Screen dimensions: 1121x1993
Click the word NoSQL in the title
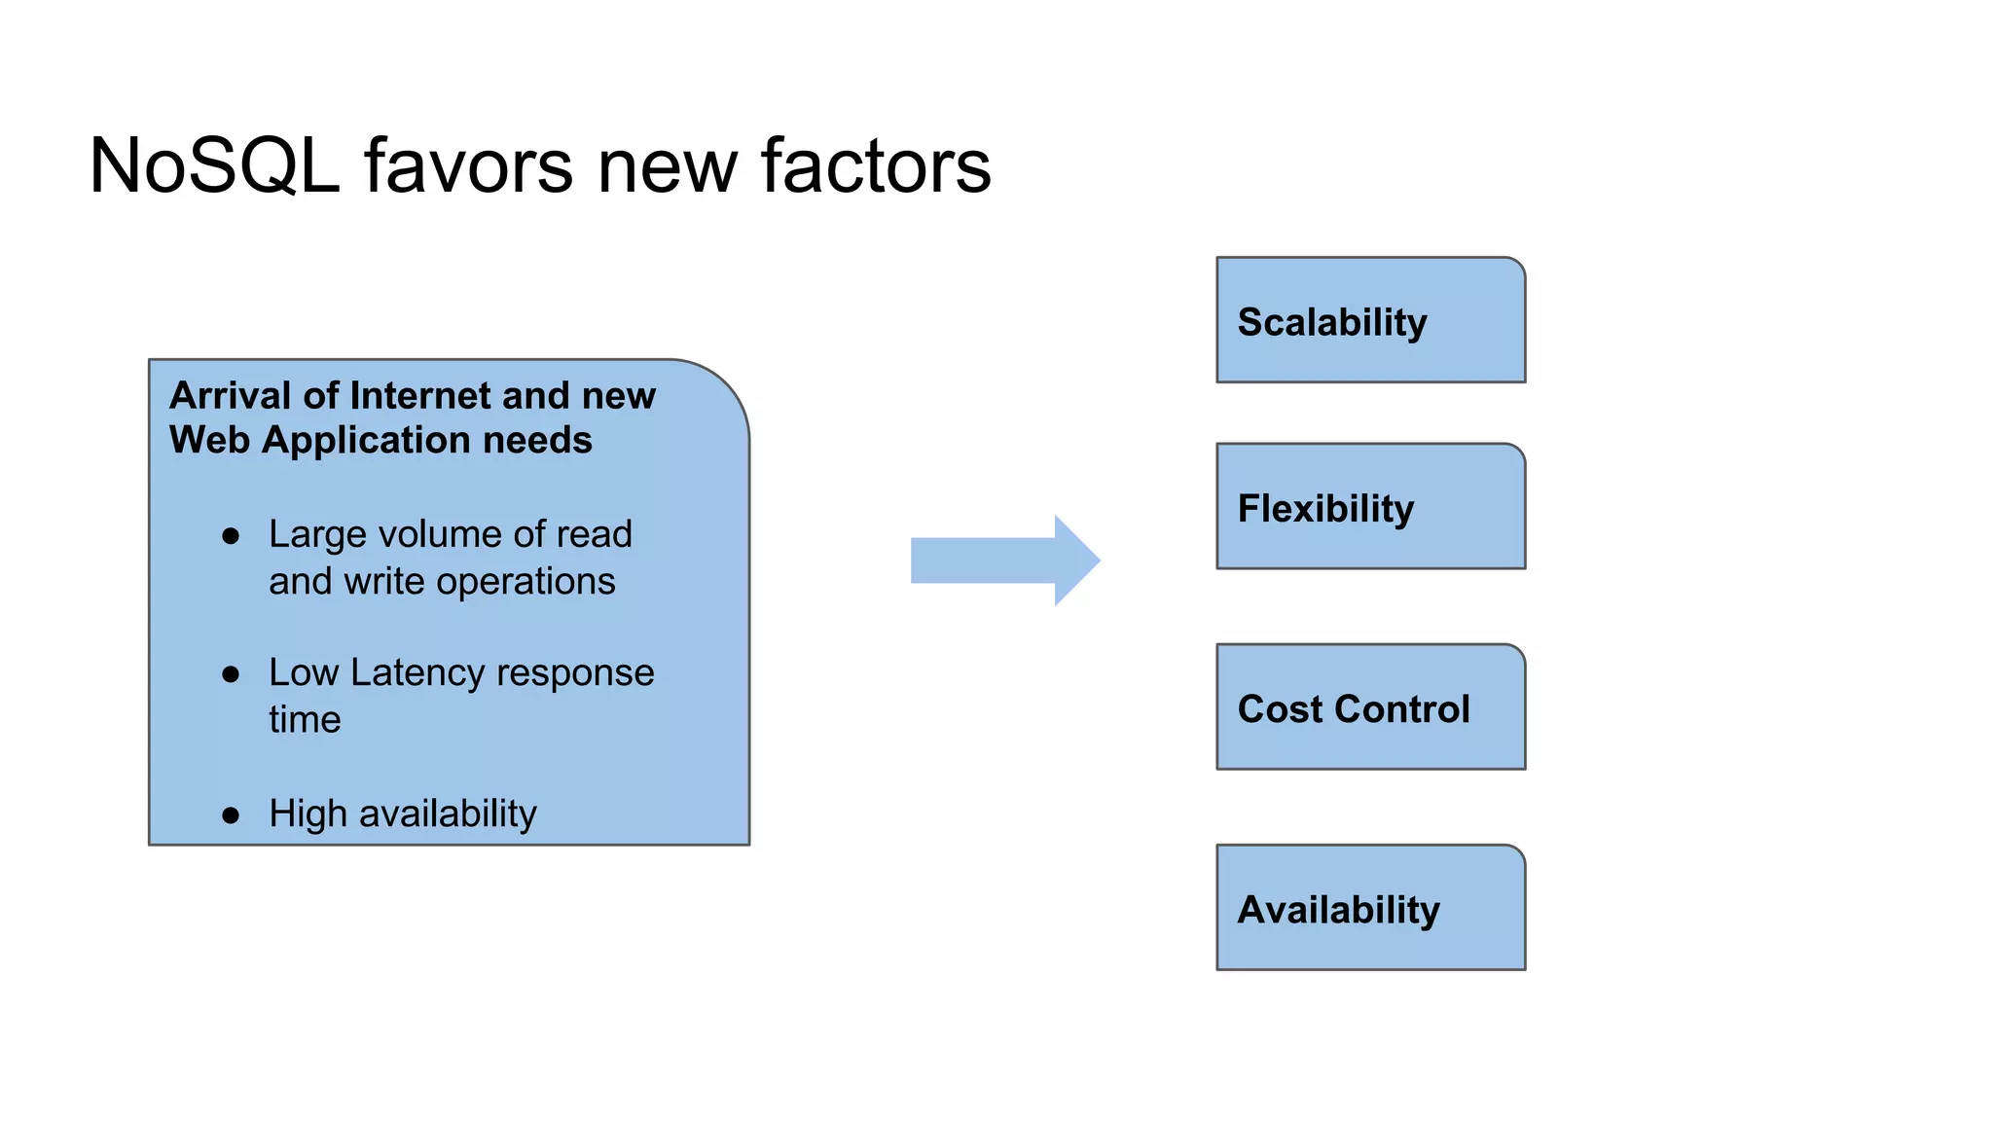click(x=214, y=166)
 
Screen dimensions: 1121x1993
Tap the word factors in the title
click(x=875, y=166)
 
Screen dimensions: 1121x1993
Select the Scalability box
click(x=1370, y=320)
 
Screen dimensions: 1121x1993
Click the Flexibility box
click(x=1370, y=506)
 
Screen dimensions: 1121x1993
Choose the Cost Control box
click(x=1370, y=706)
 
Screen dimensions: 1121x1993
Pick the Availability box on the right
click(x=1370, y=907)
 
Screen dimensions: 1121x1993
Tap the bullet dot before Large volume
click(x=231, y=536)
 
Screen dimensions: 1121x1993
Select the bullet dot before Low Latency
click(x=231, y=674)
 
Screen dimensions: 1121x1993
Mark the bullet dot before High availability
click(x=231, y=815)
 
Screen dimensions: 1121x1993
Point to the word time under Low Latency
click(x=305, y=720)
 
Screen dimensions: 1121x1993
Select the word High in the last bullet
click(x=308, y=814)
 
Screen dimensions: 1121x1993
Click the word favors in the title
click(x=468, y=166)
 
